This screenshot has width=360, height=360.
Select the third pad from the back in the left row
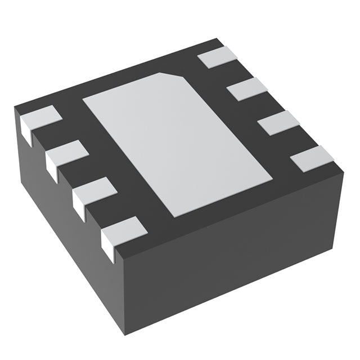[94, 189]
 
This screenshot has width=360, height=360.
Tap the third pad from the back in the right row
[279, 123]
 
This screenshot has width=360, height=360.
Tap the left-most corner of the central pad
[84, 101]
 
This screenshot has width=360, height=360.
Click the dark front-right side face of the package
[236, 264]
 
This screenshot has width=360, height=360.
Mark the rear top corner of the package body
[217, 40]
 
